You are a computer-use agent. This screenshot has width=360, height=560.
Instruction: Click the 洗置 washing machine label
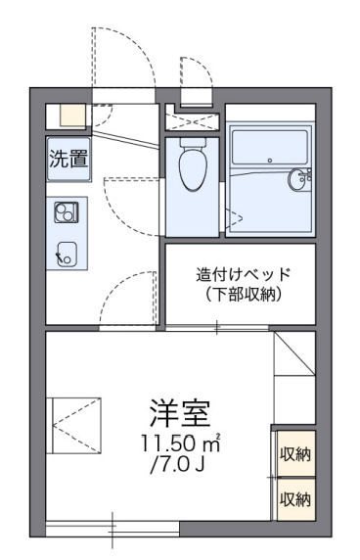tap(68, 159)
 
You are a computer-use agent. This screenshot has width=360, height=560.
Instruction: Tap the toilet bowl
tap(193, 169)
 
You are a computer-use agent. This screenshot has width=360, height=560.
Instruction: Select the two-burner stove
tap(67, 212)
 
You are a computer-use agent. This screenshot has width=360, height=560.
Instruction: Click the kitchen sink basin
tap(67, 254)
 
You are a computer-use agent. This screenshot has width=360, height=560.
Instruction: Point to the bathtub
tap(269, 147)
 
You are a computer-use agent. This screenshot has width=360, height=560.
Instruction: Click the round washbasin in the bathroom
tap(298, 178)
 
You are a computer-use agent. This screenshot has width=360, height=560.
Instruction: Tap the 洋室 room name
tap(179, 413)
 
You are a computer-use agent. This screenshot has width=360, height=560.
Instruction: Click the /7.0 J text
tap(177, 464)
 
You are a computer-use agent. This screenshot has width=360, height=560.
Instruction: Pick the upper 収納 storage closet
tap(295, 453)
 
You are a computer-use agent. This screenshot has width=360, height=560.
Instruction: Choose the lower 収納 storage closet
tap(295, 499)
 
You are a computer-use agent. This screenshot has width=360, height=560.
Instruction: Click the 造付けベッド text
tap(244, 274)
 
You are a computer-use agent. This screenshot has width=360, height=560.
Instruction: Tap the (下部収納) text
tap(244, 294)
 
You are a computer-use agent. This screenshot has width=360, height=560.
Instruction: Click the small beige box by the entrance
tap(72, 115)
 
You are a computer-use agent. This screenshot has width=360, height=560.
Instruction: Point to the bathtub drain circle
tap(270, 161)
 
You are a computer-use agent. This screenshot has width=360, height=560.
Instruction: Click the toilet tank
tap(193, 142)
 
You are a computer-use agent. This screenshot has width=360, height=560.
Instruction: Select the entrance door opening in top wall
tap(124, 96)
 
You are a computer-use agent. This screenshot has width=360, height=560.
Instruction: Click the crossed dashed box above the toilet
tap(193, 122)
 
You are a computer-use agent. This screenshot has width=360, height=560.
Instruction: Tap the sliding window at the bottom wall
tap(112, 529)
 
